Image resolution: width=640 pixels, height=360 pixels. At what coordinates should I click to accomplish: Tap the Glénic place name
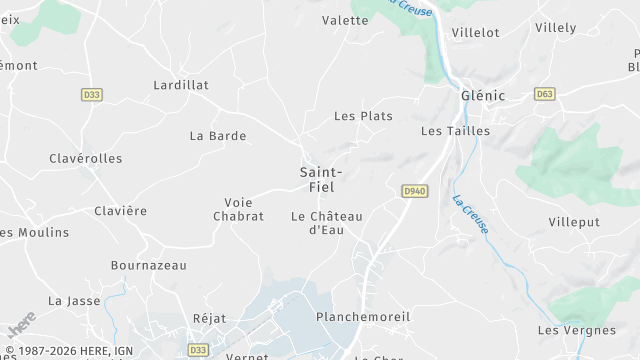pyautogui.click(x=483, y=96)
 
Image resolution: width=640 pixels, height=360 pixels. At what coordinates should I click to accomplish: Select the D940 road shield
pyautogui.click(x=415, y=190)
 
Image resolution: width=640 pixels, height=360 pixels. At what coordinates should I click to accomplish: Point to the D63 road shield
pyautogui.click(x=545, y=94)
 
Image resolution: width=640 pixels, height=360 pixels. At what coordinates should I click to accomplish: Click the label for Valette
pyautogui.click(x=345, y=20)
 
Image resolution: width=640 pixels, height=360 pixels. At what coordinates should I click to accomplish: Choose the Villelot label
pyautogui.click(x=475, y=32)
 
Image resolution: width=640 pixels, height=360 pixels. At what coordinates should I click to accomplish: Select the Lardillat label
pyautogui.click(x=181, y=85)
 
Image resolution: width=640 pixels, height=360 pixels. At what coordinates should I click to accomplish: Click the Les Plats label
pyautogui.click(x=362, y=116)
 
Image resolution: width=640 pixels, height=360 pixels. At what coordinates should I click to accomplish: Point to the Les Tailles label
pyautogui.click(x=455, y=131)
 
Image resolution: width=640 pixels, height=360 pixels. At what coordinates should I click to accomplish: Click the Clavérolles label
pyautogui.click(x=86, y=158)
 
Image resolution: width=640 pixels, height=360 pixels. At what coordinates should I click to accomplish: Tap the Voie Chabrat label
pyautogui.click(x=238, y=209)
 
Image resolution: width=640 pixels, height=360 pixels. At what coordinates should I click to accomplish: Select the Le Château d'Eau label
pyautogui.click(x=326, y=222)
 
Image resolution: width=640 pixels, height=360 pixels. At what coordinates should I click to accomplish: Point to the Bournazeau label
pyautogui.click(x=148, y=266)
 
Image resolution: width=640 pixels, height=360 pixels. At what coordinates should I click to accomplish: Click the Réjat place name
pyautogui.click(x=209, y=318)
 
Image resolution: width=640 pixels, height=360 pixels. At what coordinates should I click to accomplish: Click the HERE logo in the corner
pyautogui.click(x=20, y=323)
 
